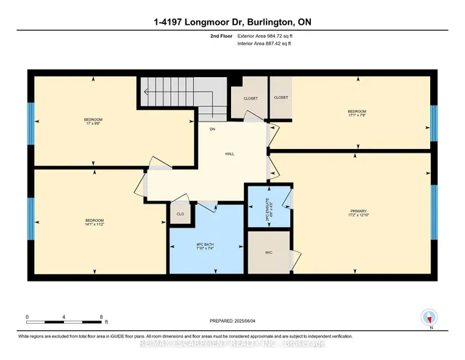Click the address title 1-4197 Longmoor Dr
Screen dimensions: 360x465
232,23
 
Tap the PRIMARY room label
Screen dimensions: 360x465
359,209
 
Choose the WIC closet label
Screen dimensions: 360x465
269,254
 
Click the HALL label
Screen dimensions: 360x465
230,154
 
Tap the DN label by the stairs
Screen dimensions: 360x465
213,129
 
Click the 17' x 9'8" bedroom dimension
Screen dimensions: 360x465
93,124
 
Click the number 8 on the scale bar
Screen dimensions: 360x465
102,317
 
